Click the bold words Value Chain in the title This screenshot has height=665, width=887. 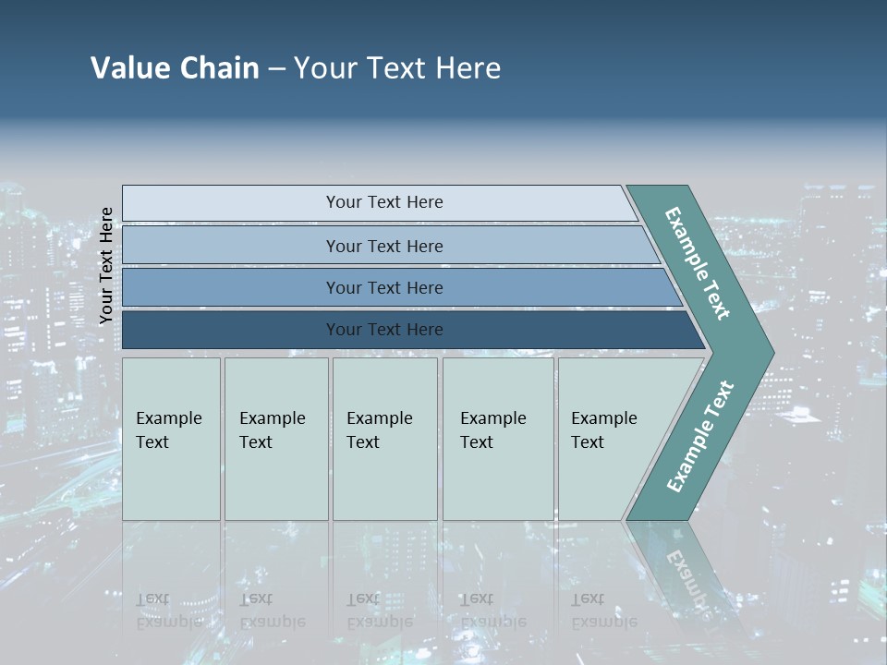coord(175,68)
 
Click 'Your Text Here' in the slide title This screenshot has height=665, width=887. coord(397,68)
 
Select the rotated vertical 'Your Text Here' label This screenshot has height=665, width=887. coord(106,265)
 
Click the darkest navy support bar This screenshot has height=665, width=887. coord(231,330)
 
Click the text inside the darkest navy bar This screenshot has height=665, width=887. coord(384,330)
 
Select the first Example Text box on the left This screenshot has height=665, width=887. coord(171,439)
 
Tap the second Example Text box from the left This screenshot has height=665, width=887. coord(276,439)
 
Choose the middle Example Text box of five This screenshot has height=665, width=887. coord(384,439)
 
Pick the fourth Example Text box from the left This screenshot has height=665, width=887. coord(498,439)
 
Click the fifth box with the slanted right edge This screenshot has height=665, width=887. coord(610,439)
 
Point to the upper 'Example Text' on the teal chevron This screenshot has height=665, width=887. coord(698,263)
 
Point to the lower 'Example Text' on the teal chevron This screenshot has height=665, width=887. coord(699,437)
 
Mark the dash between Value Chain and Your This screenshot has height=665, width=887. coord(276,69)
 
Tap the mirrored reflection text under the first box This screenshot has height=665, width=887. coord(168,611)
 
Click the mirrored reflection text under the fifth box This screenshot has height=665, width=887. coord(603,611)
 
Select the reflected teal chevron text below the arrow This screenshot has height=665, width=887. coord(688,573)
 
